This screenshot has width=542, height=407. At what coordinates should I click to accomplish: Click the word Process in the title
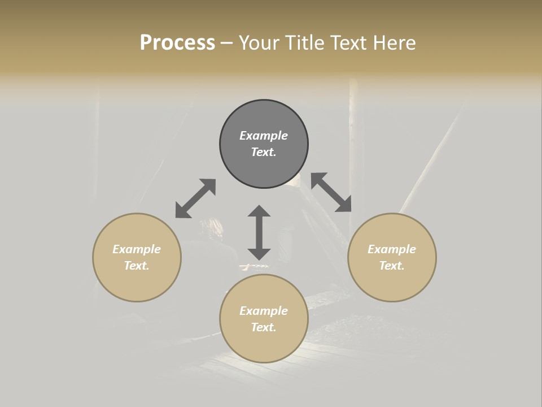tap(177, 43)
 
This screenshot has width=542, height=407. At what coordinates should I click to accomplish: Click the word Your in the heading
tap(260, 43)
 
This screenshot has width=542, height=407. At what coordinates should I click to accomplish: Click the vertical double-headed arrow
tap(259, 232)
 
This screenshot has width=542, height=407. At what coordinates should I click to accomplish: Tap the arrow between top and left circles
tap(195, 198)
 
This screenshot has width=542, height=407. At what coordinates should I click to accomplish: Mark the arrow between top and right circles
tap(331, 192)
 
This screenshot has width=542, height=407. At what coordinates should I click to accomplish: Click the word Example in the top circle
tap(264, 136)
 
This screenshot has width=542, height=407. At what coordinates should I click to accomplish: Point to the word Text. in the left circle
tap(137, 266)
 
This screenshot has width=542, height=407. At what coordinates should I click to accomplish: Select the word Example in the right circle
tap(392, 249)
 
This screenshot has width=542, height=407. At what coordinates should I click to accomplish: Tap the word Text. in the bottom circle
tap(264, 327)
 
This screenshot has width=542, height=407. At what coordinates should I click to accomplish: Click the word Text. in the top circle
tap(264, 152)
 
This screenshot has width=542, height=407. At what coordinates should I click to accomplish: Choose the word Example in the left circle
tap(137, 249)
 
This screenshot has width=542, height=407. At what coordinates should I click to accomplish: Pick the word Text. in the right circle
tap(392, 266)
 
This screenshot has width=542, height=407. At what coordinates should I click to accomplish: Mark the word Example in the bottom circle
tap(264, 311)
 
